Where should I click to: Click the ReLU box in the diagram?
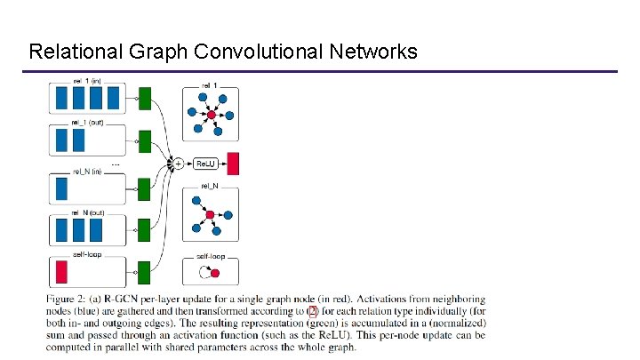pyautogui.click(x=206, y=164)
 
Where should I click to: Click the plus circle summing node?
pyautogui.click(x=178, y=164)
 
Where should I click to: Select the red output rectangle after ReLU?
pyautogui.click(x=234, y=164)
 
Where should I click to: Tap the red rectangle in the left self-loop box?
pyautogui.click(x=62, y=271)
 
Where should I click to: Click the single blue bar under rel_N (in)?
pyautogui.click(x=61, y=188)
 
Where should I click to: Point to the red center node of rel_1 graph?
pyautogui.click(x=212, y=115)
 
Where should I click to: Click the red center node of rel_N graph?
pyautogui.click(x=210, y=215)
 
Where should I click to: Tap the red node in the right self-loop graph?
pyautogui.click(x=215, y=273)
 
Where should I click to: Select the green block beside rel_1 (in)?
pyautogui.click(x=145, y=98)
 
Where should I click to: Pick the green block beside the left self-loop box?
pyautogui.click(x=145, y=272)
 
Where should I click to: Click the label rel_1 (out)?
pyautogui.click(x=87, y=123)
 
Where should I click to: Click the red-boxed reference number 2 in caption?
pyautogui.click(x=311, y=311)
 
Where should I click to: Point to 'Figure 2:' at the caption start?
pyautogui.click(x=75, y=299)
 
